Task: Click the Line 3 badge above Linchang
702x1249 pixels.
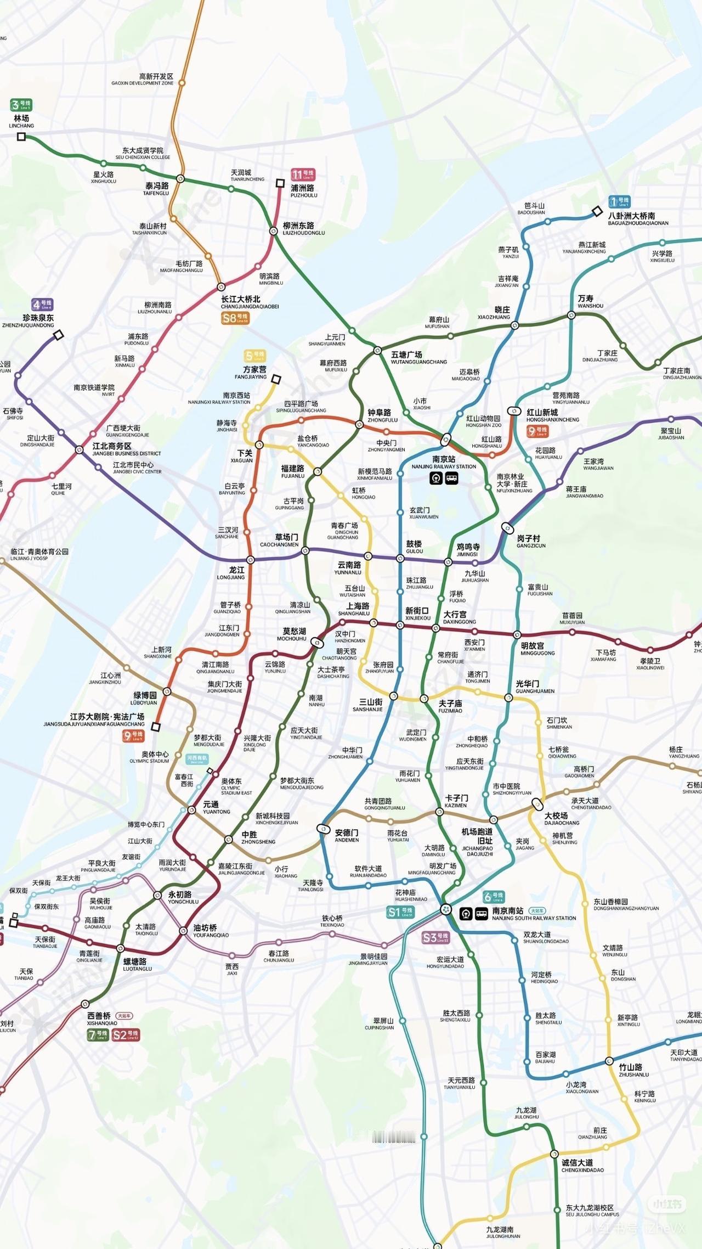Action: coord(21,104)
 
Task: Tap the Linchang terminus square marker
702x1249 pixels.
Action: coord(21,137)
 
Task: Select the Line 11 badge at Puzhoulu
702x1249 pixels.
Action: coord(303,175)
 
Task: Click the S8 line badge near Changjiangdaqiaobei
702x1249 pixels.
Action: coord(235,318)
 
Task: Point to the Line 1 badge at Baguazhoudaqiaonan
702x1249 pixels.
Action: coord(619,202)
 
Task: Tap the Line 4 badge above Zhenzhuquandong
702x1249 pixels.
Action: coord(42,304)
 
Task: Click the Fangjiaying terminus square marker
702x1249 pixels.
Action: coord(276,379)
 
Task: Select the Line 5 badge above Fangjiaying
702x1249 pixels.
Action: coord(255,356)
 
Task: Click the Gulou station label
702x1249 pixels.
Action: coord(414,547)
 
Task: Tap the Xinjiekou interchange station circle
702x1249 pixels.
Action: coord(400,625)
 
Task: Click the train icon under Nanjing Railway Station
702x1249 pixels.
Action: coord(436,478)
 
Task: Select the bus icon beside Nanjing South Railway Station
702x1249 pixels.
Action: coord(482,914)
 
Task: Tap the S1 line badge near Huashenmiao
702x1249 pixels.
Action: coord(400,912)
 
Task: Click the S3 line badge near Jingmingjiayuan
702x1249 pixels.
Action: coord(436,938)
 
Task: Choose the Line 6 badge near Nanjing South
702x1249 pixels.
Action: coord(494,897)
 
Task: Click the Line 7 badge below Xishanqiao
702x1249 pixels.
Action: coord(98,1035)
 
